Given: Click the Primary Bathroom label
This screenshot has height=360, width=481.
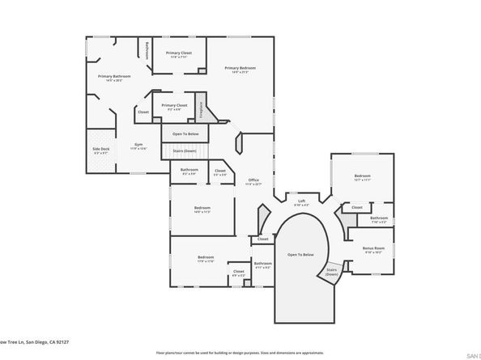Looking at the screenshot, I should click(x=114, y=77).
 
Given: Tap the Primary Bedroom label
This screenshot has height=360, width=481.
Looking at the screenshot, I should click(x=240, y=69).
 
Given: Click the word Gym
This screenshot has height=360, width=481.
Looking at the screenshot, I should click(x=138, y=145).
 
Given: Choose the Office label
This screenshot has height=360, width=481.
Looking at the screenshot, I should click(x=253, y=180).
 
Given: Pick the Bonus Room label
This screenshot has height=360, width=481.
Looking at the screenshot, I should click(x=372, y=248).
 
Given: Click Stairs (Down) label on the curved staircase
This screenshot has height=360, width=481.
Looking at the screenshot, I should click(x=332, y=272).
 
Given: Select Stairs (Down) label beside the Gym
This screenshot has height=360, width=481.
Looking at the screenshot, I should click(x=185, y=150).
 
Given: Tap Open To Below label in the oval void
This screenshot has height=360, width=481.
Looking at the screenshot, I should click(x=300, y=254).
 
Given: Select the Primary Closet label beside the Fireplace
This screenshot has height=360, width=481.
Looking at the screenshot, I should click(x=174, y=105).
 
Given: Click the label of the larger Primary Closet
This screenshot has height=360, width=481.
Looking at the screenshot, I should click(x=179, y=53).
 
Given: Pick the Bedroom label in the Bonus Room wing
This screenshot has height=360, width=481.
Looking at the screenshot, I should click(x=362, y=176).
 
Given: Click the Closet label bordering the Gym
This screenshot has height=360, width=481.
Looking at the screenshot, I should click(x=143, y=112).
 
